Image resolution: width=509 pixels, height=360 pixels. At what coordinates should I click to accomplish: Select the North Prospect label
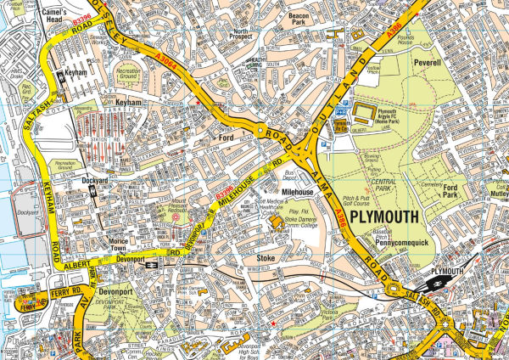[x=246, y=36]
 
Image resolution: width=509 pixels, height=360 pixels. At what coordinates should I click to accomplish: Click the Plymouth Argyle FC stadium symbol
[x=362, y=110]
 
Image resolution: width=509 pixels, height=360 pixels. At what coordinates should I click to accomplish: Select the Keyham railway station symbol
[x=60, y=76]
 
